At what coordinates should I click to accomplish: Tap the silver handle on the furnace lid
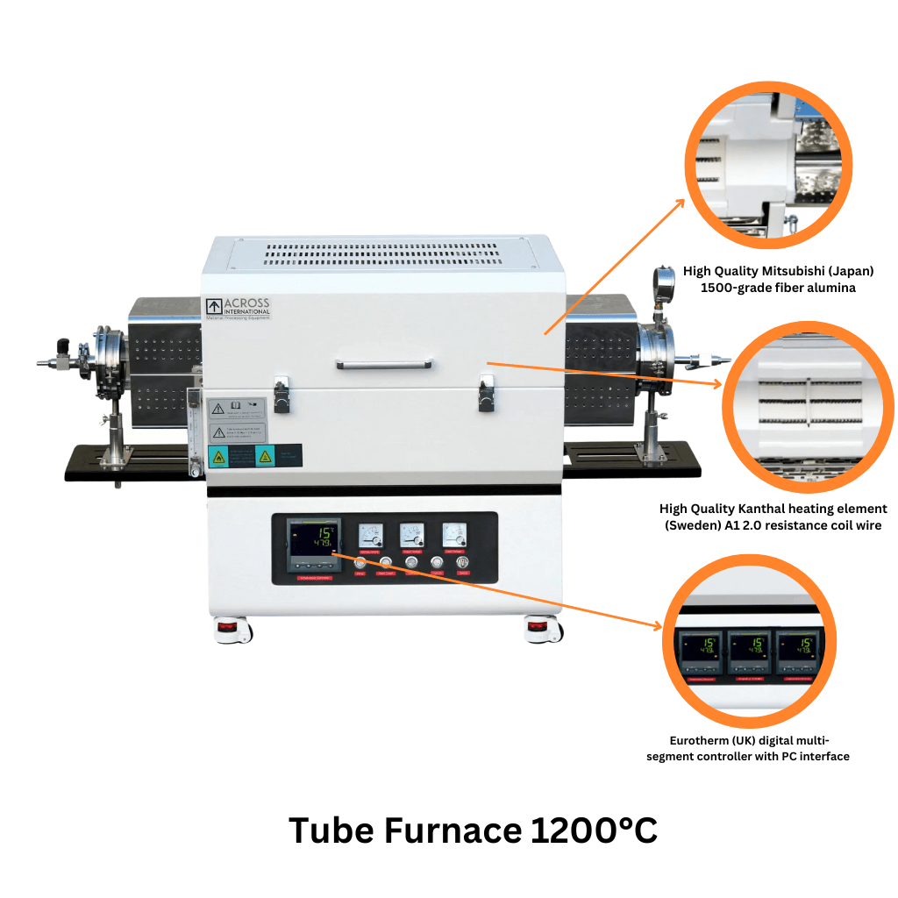381,364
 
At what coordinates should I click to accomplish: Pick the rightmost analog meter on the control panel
454,535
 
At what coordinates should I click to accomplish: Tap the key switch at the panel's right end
463,564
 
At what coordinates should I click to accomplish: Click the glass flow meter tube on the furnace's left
194,430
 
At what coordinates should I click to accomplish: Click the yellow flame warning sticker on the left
215,455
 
